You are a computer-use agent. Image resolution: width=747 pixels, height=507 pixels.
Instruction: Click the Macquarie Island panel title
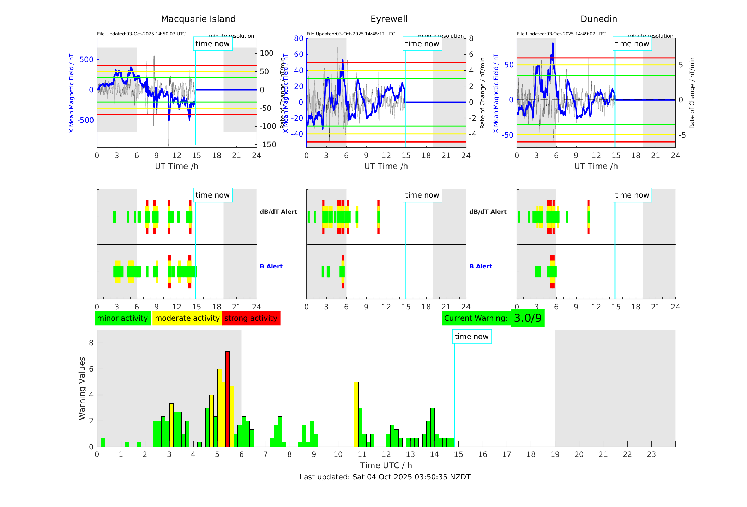(x=198, y=19)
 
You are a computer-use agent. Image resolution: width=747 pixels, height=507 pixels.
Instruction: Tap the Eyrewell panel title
(x=389, y=19)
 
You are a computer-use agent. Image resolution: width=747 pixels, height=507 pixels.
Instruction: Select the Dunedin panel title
(x=598, y=19)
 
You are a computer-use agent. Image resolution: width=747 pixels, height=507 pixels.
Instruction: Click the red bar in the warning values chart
(x=228, y=399)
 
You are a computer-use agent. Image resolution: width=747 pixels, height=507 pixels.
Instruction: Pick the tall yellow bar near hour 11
(x=356, y=414)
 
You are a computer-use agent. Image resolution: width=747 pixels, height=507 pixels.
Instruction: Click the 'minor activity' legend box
(x=122, y=318)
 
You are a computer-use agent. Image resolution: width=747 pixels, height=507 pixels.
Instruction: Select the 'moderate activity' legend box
(x=187, y=318)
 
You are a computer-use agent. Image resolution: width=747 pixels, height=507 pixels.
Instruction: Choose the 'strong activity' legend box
(x=251, y=318)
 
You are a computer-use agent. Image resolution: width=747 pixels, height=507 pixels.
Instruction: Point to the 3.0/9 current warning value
(x=528, y=318)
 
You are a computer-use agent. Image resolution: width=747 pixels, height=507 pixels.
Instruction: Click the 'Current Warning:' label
(x=476, y=318)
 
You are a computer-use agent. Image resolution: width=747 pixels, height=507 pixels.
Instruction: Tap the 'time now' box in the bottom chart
(x=471, y=337)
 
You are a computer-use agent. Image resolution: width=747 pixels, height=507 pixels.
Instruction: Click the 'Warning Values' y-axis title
(x=82, y=388)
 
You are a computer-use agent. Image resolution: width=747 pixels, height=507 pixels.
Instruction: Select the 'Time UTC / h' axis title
(x=386, y=465)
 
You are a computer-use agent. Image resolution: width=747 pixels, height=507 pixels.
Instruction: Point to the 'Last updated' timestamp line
(x=385, y=477)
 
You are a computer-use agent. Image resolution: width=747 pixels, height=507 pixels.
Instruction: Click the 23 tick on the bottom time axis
(x=651, y=454)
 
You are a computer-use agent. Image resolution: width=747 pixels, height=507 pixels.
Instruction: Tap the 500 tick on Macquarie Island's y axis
(x=86, y=60)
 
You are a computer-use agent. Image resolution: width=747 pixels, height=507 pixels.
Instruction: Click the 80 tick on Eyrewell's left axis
(x=299, y=38)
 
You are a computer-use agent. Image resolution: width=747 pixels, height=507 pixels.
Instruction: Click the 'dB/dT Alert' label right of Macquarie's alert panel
(x=278, y=212)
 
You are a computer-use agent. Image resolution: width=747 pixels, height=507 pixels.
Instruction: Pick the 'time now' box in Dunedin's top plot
(x=632, y=44)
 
